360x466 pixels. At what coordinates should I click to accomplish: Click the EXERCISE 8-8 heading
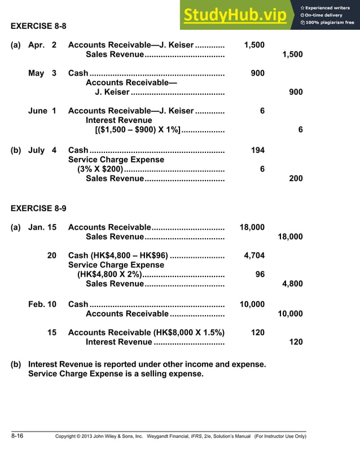pyautogui.click(x=39, y=25)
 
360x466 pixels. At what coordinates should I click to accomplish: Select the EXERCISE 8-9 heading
pyautogui.click(x=39, y=208)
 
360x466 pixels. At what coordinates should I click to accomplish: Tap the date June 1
pyautogui.click(x=42, y=111)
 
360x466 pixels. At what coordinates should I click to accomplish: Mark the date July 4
pyautogui.click(x=42, y=150)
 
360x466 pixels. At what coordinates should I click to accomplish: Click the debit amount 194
pyautogui.click(x=257, y=150)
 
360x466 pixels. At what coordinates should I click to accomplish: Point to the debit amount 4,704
pyautogui.click(x=254, y=256)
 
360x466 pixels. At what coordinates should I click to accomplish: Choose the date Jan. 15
pyautogui.click(x=42, y=227)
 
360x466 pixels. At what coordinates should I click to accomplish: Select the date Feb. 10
pyautogui.click(x=42, y=304)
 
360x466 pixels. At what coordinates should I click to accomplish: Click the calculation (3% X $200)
pyautogui.click(x=99, y=169)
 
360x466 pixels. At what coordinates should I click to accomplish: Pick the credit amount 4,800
pyautogui.click(x=292, y=284)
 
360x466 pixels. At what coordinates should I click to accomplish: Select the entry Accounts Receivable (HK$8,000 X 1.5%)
pyautogui.click(x=146, y=332)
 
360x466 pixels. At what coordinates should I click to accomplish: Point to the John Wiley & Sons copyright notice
pyautogui.click(x=180, y=436)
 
